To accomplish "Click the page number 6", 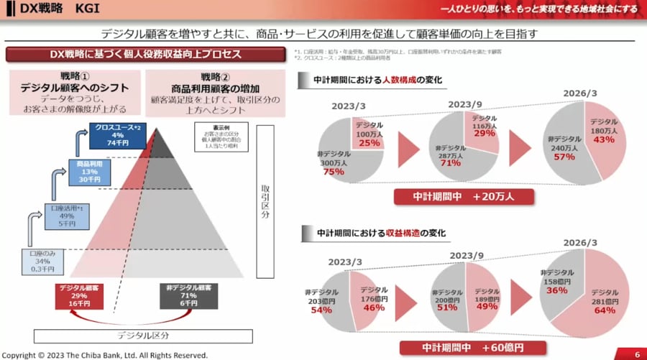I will click(637, 354).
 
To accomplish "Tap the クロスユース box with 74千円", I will click(119, 135).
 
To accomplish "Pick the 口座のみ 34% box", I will click(41, 262).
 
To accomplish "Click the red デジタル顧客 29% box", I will click(79, 295).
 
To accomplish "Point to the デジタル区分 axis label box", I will click(143, 336).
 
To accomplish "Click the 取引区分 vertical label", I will click(265, 200).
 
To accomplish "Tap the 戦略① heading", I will click(75, 77).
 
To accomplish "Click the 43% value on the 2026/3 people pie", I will click(604, 139).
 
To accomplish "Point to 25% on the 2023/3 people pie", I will click(369, 143).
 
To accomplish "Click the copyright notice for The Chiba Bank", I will click(105, 355).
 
